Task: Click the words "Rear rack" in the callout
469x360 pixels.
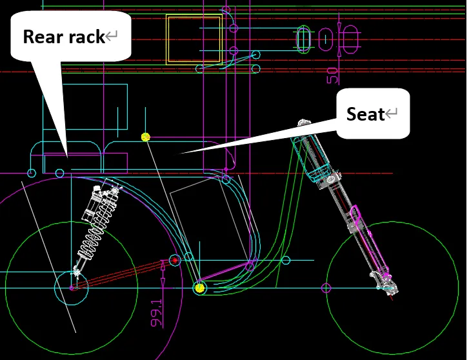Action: pos(63,37)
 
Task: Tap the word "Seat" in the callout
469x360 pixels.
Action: pos(365,114)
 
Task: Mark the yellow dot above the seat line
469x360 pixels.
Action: pos(146,137)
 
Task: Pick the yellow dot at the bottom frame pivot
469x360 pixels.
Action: pos(199,288)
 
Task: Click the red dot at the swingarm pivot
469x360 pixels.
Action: pos(174,261)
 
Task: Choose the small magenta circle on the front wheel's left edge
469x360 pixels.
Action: pos(327,288)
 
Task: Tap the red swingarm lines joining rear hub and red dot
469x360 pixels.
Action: pos(123,274)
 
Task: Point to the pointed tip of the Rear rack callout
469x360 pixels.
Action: pos(67,155)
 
